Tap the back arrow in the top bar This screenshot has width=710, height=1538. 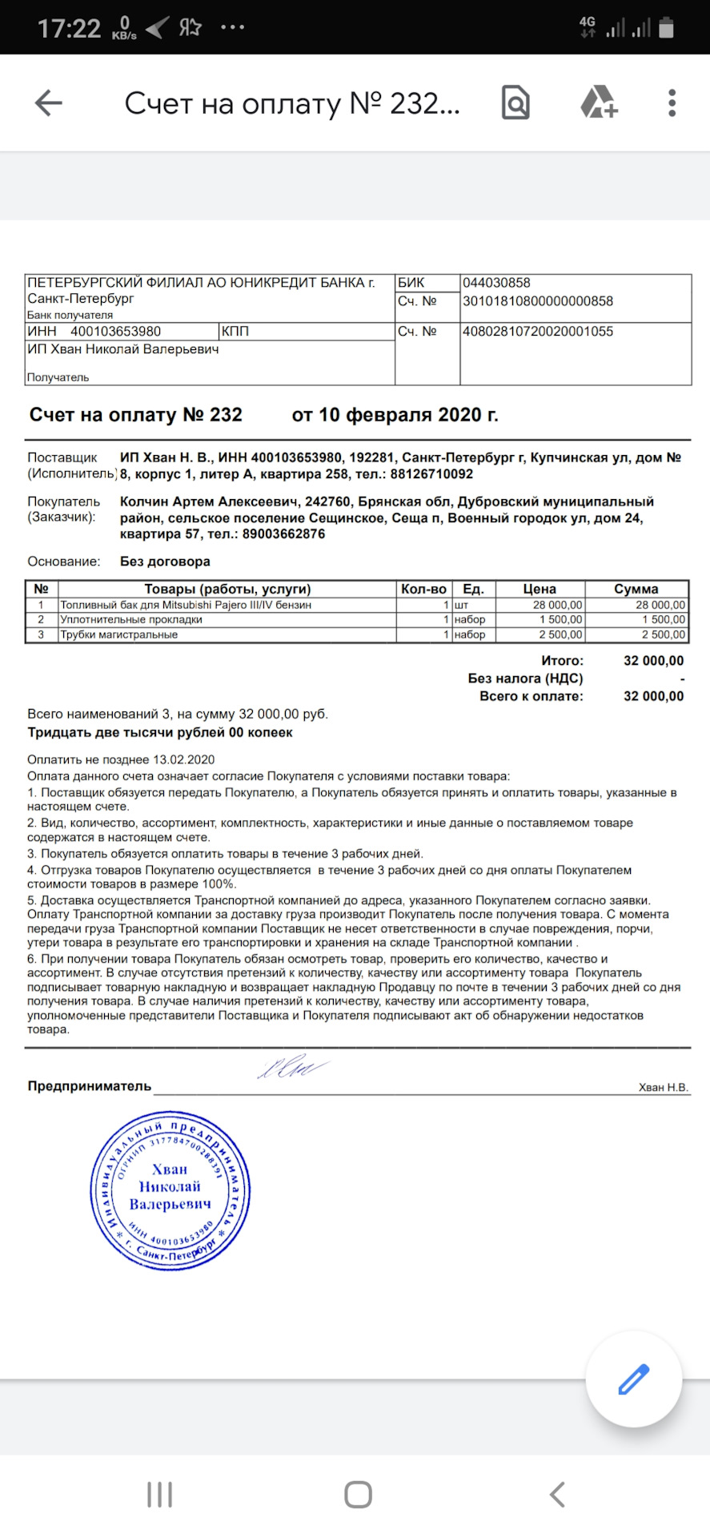(49, 103)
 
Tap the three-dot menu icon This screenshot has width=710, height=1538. (672, 103)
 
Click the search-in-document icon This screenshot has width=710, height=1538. (515, 103)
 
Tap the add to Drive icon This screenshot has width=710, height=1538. (598, 103)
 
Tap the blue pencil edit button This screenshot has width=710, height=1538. (633, 1379)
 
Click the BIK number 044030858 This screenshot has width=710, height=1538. (496, 283)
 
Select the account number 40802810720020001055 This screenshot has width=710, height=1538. (538, 332)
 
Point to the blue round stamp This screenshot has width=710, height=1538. (170, 1190)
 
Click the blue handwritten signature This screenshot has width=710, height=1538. (291, 1069)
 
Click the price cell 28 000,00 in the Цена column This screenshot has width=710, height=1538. (557, 606)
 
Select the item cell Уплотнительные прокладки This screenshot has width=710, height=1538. (131, 620)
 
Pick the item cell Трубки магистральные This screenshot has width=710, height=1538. (119, 635)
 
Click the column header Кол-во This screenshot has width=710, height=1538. (423, 589)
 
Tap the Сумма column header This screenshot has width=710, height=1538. (636, 589)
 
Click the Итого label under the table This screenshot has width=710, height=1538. (562, 661)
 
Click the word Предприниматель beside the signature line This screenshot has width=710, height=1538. (90, 1086)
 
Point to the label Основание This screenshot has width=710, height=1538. (64, 562)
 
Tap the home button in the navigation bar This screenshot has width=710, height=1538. (358, 1495)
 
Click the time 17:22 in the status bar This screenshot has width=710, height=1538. (70, 29)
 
